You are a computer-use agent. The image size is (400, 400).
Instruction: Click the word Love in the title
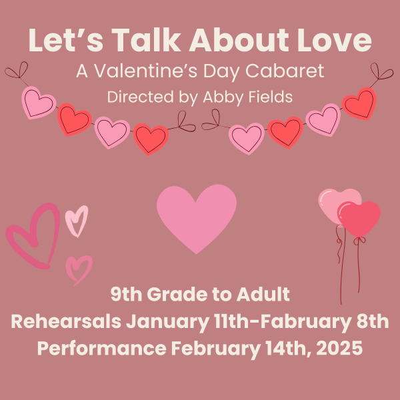tap(334, 40)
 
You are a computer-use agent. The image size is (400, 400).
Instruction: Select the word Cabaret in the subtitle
tap(285, 71)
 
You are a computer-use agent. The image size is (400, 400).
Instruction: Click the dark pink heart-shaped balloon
tap(359, 219)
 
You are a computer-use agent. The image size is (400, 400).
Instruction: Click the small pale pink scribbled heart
tap(76, 221)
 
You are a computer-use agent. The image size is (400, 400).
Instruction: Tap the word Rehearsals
tap(66, 321)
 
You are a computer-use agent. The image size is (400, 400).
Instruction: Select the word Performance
tap(102, 348)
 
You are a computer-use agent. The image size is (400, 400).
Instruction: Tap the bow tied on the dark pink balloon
tap(359, 240)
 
